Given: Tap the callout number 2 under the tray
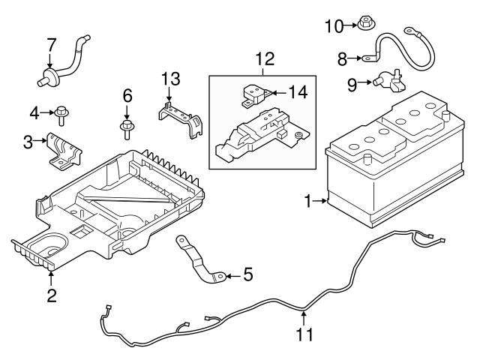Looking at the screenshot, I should pos(51,295).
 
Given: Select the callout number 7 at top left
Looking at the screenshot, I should pos(50,44).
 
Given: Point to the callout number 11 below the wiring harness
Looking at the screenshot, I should pos(303,335).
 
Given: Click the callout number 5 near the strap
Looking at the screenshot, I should pos(248,275).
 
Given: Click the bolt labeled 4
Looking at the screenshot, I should pos(61,113).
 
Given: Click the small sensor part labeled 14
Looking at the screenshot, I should pos(253,95).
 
